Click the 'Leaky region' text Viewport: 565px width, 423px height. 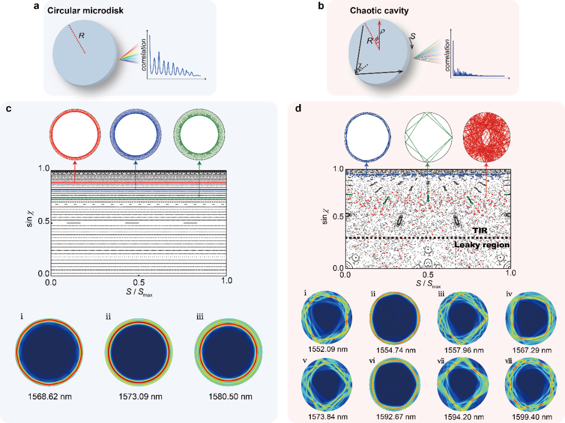[481, 245]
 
